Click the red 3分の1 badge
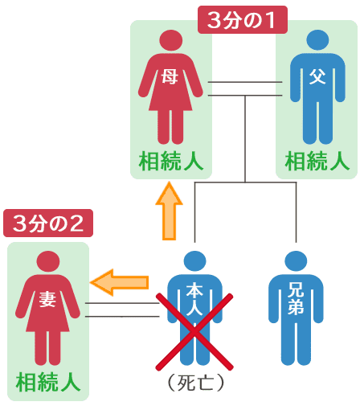[243, 20]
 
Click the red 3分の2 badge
[48, 223]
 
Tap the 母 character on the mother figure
[170, 76]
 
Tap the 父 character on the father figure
[317, 76]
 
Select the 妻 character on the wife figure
[47, 299]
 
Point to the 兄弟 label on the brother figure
[296, 298]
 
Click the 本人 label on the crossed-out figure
[194, 299]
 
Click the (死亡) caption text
[194, 383]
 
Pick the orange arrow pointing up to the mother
[169, 211]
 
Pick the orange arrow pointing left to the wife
[120, 282]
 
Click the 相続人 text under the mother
[171, 161]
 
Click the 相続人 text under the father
[317, 161]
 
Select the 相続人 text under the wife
[48, 383]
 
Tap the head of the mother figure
[171, 40]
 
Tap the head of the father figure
[317, 40]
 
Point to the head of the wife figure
[48, 261]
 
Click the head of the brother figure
[296, 261]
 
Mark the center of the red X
[194, 332]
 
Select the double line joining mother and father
[245, 88]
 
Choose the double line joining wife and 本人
[122, 310]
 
